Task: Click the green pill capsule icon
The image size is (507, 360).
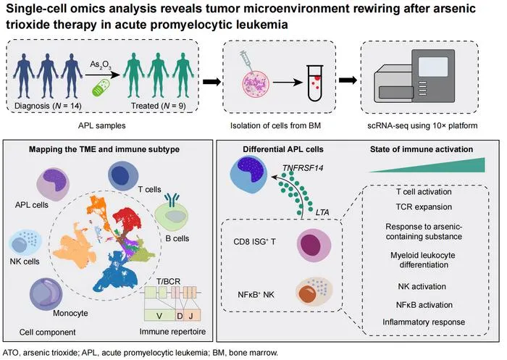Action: coord(101,88)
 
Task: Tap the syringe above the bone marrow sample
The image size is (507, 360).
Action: coord(248,61)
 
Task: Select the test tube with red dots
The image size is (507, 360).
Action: coord(315,83)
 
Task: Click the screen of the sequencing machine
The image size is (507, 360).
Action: coord(433,67)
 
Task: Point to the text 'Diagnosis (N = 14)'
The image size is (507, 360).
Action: coord(49,106)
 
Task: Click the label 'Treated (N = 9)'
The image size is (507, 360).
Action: coord(158,106)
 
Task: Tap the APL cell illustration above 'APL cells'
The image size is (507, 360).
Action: coord(53,185)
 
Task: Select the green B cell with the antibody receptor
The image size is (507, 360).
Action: coord(172,215)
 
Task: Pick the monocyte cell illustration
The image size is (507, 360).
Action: coord(46,294)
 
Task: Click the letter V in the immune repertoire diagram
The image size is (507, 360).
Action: coord(159,315)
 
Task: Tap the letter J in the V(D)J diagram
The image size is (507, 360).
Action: coord(190,315)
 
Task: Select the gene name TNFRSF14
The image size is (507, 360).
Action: coord(303,168)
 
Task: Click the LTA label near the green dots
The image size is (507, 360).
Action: coord(322,212)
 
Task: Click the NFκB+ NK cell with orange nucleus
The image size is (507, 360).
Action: coord(314,290)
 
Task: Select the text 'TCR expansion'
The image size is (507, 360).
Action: coord(424,206)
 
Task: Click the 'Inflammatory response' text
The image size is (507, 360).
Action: coord(424,322)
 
